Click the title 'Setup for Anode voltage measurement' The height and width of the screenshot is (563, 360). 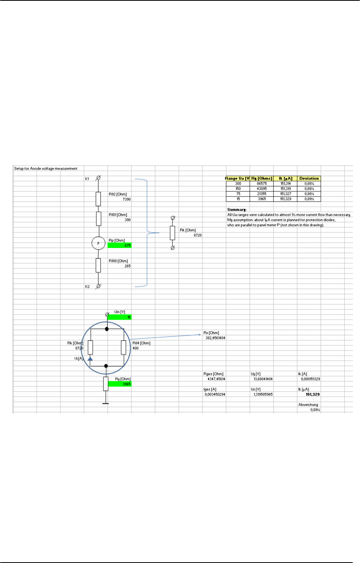tap(46, 169)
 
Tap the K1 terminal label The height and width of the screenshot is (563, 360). tap(87, 179)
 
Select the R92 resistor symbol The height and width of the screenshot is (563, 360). tap(98, 199)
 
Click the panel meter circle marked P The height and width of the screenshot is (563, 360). tap(98, 243)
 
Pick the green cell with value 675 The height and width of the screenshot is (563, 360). tap(119, 245)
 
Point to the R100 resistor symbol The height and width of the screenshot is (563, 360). tap(98, 265)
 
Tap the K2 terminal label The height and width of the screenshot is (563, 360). tap(87, 287)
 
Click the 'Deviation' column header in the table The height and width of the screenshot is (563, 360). tap(309, 178)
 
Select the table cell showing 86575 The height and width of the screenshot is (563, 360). tap(262, 183)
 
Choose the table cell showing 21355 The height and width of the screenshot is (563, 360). tap(262, 194)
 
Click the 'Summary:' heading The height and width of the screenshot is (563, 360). tap(237, 209)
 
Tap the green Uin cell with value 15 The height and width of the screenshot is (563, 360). tap(119, 317)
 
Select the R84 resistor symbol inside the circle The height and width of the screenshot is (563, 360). tap(124, 347)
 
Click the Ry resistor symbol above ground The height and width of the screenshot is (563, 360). tap(105, 384)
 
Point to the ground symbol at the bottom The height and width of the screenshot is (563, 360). tap(105, 403)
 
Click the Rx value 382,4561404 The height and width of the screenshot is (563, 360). tap(215, 338)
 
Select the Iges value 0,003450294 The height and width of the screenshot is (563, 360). tap(215, 394)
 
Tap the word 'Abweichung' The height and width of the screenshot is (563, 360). tap(308, 405)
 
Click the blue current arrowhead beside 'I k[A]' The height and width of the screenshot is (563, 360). tap(90, 358)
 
